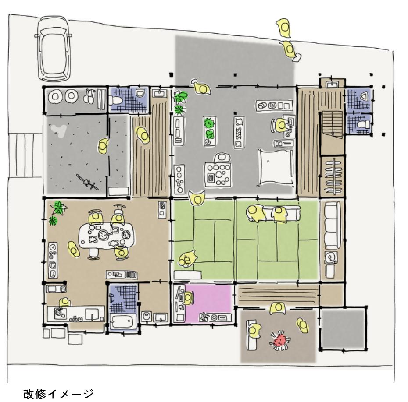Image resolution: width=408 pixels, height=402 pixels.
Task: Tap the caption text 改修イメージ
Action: coord(58,394)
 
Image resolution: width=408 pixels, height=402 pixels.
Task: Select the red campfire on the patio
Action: coord(280,340)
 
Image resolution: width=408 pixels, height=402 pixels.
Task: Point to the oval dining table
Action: coord(107,236)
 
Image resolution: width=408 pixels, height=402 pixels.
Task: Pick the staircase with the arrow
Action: coord(332,124)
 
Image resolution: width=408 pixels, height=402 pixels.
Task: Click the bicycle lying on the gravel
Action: coord(87,182)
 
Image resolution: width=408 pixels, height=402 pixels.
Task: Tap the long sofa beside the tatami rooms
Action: coord(332,225)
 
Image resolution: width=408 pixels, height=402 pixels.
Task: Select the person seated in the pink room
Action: coord(188,298)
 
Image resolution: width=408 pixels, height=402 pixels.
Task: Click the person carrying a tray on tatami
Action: coord(187,259)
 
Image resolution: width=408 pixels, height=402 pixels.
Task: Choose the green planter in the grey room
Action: coord(209,131)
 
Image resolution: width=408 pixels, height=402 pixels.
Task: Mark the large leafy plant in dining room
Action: coord(59,208)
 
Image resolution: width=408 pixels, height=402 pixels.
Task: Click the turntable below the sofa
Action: coord(331,257)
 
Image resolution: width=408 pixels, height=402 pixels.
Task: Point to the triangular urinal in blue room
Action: coord(364,96)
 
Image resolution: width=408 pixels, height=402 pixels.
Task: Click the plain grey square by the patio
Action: coord(343,328)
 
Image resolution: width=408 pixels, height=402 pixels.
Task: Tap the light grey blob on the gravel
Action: coord(59,130)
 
